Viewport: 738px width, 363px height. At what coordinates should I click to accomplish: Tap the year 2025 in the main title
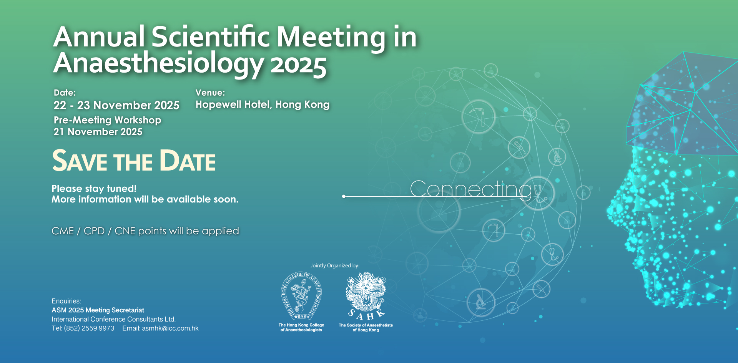click(299, 65)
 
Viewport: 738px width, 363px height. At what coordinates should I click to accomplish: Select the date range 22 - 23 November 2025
click(116, 105)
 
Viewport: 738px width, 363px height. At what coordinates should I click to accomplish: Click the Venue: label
click(210, 93)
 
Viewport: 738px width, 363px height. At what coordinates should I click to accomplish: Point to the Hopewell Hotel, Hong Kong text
click(263, 105)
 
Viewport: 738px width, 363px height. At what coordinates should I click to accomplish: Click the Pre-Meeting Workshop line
click(107, 120)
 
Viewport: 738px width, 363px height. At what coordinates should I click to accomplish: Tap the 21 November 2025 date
click(98, 132)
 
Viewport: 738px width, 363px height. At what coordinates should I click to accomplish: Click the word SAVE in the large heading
click(80, 161)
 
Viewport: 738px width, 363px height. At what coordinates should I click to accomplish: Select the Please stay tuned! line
click(94, 189)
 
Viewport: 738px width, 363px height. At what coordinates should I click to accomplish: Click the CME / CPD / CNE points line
click(145, 231)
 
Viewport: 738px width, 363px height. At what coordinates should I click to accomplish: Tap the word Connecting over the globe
click(471, 189)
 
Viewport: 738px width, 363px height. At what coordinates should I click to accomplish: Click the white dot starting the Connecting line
click(344, 196)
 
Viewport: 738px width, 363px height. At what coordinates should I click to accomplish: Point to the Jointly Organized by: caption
click(335, 265)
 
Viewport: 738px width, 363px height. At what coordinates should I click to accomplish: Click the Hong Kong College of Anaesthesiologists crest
click(301, 296)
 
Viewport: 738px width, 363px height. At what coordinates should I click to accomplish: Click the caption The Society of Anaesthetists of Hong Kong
click(366, 327)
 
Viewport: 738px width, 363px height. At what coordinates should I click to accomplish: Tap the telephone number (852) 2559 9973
click(89, 328)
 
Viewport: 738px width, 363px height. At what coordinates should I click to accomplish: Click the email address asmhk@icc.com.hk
click(170, 328)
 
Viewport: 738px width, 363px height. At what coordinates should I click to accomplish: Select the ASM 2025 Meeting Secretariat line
click(98, 310)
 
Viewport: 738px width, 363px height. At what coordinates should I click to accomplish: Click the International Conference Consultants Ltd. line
click(114, 319)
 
